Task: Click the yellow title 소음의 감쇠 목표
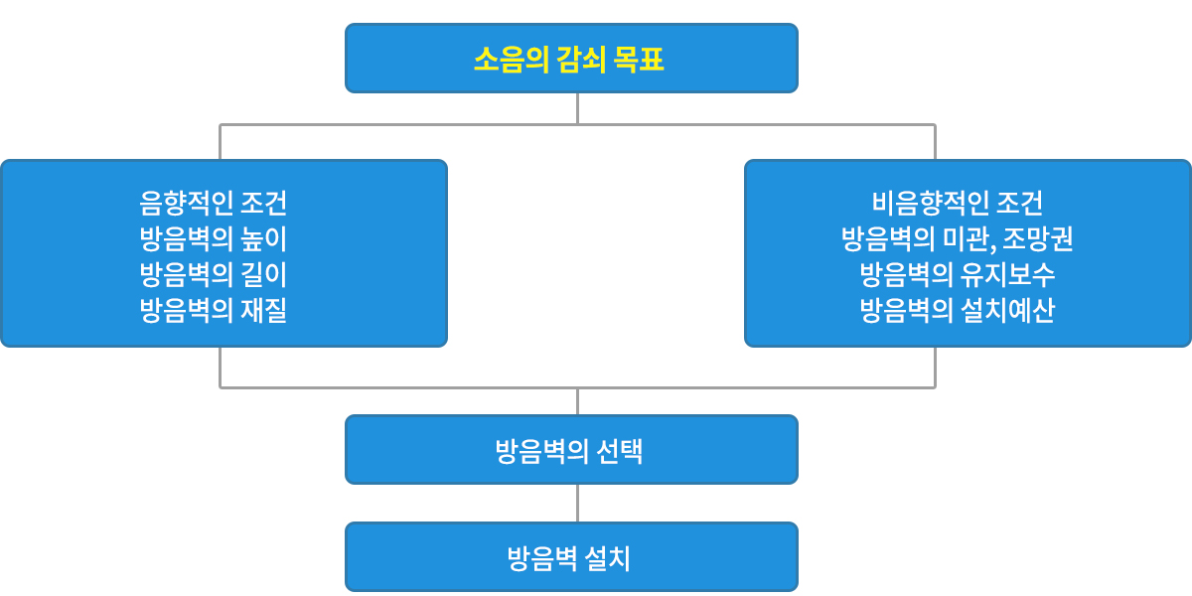(x=569, y=59)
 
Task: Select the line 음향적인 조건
(x=213, y=203)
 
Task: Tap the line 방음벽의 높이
(x=213, y=238)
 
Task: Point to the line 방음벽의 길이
(x=213, y=274)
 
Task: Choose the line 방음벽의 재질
(x=213, y=310)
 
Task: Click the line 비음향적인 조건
(x=957, y=203)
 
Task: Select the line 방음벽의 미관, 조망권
(x=957, y=238)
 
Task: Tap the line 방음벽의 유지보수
(x=957, y=274)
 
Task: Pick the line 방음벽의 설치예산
(x=957, y=310)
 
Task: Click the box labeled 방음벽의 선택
(x=571, y=450)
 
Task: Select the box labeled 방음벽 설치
(x=571, y=556)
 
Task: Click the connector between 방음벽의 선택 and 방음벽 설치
(x=577, y=504)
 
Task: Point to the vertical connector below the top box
(x=577, y=108)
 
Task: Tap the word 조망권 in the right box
(x=1038, y=238)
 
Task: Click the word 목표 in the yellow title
(x=639, y=59)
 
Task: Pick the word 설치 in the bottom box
(x=607, y=558)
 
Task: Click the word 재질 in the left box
(x=264, y=310)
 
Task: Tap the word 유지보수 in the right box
(x=1007, y=274)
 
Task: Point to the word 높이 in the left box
(x=264, y=238)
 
